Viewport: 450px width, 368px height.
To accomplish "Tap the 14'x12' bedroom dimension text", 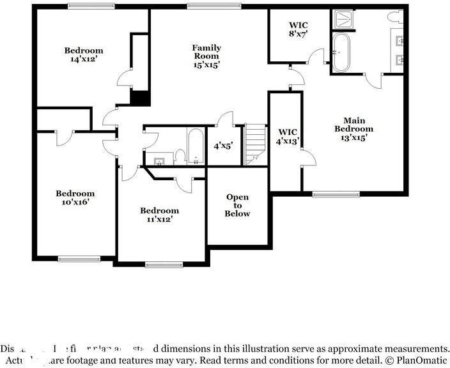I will click(83, 59).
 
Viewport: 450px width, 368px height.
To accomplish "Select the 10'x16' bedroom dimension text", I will click(75, 202).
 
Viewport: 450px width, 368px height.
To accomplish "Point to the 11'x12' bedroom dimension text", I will click(159, 219).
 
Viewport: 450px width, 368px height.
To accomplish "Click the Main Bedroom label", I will click(353, 124).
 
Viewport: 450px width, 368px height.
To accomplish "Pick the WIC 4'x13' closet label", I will click(285, 137).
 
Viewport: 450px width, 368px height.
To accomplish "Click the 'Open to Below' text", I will click(237, 205).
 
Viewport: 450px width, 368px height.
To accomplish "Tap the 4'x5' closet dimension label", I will click(222, 146).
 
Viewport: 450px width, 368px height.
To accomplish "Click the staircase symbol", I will click(255, 144).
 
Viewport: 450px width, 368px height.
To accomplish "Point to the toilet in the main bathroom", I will click(394, 15).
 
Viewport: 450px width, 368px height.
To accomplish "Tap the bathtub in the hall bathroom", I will click(195, 146).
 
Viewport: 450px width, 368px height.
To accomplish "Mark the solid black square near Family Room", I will click(139, 98).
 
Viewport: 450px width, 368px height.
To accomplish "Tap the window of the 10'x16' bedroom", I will click(79, 259).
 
